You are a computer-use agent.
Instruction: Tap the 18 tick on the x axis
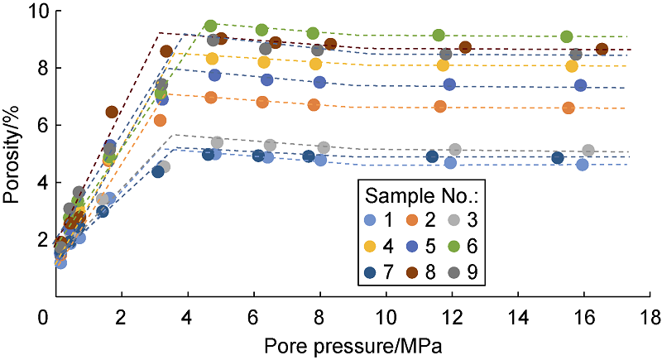650,316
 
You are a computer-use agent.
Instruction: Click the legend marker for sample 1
370,220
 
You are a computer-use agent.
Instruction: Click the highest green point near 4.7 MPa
210,26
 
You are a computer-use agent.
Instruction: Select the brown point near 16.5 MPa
602,49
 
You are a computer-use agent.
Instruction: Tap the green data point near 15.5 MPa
566,36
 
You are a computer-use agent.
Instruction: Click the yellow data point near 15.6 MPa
571,66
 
